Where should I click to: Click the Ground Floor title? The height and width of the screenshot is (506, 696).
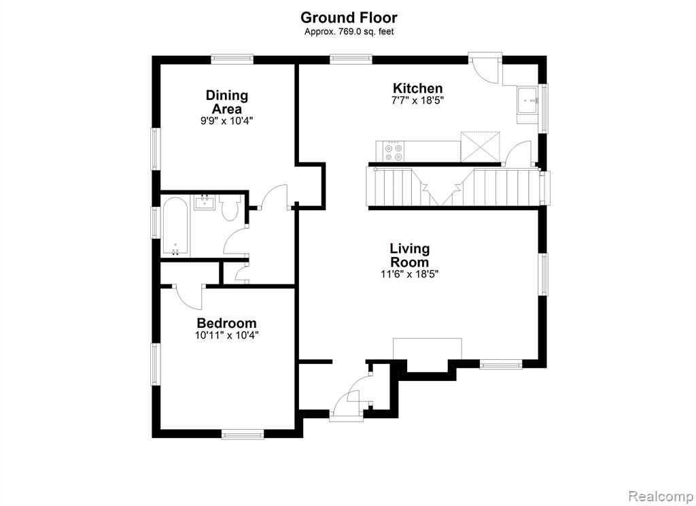349,18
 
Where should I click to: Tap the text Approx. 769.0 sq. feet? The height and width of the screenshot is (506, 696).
349,31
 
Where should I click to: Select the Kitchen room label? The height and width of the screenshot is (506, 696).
418,88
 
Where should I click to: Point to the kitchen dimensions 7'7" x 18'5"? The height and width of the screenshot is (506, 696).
418,101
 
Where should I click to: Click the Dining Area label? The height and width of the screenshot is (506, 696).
227,102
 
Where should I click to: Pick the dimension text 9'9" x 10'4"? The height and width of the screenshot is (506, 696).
227,120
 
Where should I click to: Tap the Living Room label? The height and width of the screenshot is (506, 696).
410,254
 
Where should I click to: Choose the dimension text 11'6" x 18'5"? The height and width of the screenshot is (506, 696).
410,274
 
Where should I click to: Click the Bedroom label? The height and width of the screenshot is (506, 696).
227,323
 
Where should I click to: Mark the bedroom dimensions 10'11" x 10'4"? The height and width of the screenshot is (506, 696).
227,335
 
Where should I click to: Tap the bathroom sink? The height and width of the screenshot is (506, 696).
205,203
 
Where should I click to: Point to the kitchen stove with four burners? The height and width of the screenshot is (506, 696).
394,152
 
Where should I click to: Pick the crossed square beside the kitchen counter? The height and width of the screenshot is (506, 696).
481,147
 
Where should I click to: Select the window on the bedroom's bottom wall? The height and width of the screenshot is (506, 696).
243,434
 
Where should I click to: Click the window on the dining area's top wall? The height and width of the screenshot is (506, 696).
232,59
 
